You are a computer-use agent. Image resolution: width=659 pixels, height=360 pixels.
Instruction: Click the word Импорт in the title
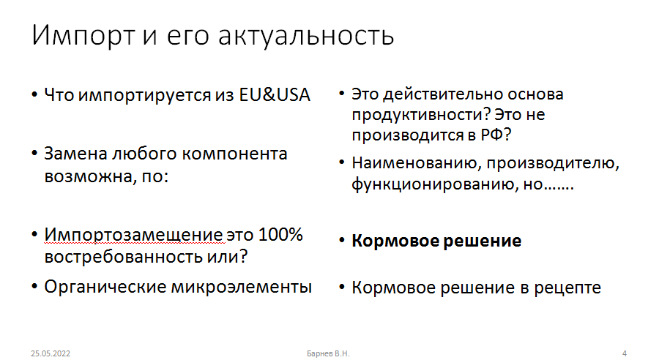(83, 35)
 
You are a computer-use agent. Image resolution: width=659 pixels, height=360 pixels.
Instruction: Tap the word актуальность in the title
(306, 36)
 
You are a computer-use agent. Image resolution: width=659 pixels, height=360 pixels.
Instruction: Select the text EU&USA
(275, 94)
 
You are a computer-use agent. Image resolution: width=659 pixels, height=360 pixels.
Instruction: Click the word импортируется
(145, 96)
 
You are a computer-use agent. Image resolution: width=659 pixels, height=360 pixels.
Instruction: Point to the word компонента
(234, 154)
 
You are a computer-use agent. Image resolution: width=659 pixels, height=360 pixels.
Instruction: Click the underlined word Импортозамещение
(134, 235)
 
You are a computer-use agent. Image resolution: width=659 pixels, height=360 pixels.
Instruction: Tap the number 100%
(280, 234)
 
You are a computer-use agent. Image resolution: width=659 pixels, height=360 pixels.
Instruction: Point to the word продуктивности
(420, 115)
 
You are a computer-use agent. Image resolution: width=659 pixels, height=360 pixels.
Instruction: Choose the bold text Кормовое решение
(436, 241)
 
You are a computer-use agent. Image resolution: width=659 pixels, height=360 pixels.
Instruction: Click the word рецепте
(567, 288)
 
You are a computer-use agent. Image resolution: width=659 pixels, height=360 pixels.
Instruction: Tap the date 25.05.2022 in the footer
(51, 353)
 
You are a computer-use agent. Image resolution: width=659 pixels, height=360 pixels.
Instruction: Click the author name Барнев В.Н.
(328, 353)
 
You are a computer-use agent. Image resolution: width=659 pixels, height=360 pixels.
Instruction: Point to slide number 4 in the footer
(625, 353)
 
